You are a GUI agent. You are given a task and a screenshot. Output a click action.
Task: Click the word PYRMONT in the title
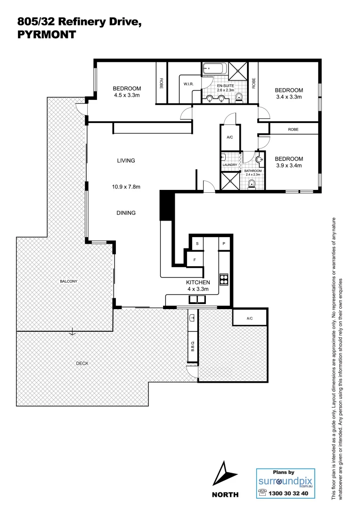tap(46, 34)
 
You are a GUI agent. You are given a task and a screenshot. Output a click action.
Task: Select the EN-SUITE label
tap(225, 86)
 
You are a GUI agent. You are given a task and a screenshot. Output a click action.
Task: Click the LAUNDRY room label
tap(230, 164)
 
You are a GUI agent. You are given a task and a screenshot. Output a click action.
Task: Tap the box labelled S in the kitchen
tap(197, 244)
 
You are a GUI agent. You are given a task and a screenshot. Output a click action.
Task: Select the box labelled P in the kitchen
tap(224, 244)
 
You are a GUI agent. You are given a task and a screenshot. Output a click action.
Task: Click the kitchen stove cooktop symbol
tap(224, 279)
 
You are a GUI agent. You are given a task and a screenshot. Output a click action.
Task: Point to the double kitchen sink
tap(197, 299)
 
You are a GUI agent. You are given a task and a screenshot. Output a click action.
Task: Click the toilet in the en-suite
tap(239, 98)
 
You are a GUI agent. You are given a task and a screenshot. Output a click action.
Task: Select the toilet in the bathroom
tap(251, 183)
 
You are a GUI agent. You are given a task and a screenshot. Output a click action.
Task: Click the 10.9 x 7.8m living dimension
tap(126, 187)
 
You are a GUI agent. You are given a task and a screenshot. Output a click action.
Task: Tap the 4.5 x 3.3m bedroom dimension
tap(127, 95)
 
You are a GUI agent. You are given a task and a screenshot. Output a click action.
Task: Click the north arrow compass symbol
tap(224, 474)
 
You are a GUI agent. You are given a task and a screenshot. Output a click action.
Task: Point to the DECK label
tap(82, 363)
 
